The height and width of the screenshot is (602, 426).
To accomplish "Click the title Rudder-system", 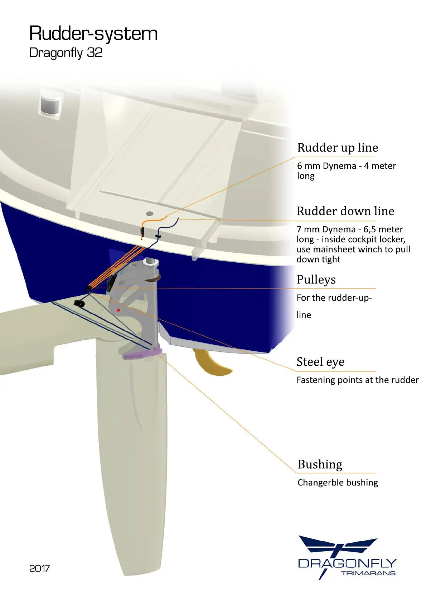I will pyautogui.click(x=93, y=34).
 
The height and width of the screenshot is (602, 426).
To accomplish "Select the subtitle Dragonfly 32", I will pyautogui.click(x=66, y=53).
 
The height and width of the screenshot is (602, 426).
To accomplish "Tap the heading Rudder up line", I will pyautogui.click(x=337, y=148).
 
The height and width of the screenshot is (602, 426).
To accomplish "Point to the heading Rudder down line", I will pyautogui.click(x=345, y=211).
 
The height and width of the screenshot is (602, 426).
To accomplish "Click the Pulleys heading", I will pyautogui.click(x=316, y=280).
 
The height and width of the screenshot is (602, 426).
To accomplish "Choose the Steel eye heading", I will pyautogui.click(x=320, y=362).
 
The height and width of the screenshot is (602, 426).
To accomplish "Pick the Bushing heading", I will pyautogui.click(x=320, y=464).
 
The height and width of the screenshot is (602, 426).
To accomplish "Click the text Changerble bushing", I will pyautogui.click(x=337, y=483).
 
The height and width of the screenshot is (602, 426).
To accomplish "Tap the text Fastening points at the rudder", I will pyautogui.click(x=357, y=380).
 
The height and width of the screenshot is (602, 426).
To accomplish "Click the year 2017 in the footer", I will pyautogui.click(x=39, y=568).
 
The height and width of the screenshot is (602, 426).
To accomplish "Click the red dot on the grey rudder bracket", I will pyautogui.click(x=118, y=310).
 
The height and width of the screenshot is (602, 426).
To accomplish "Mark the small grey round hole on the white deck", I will pyautogui.click(x=150, y=214).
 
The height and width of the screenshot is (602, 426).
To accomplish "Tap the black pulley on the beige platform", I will pyautogui.click(x=79, y=304).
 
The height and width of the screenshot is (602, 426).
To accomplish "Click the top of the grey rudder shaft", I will pyautogui.click(x=151, y=262).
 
